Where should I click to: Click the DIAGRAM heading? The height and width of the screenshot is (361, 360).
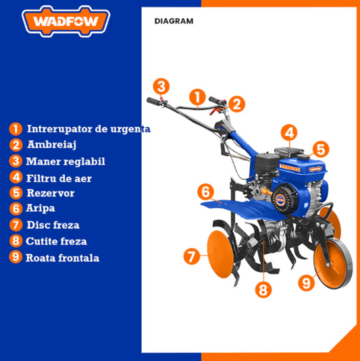coord(174,21)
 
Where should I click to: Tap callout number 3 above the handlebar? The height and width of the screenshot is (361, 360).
coord(160,86)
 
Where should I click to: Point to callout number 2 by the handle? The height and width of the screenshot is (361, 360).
coord(236,104)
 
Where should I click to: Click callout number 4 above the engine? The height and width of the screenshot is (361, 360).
coord(288,133)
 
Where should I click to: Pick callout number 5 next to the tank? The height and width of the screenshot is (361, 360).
coord(320,148)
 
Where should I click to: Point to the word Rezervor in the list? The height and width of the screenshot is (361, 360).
coord(51,193)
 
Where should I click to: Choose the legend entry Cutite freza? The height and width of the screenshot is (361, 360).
coord(57,241)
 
